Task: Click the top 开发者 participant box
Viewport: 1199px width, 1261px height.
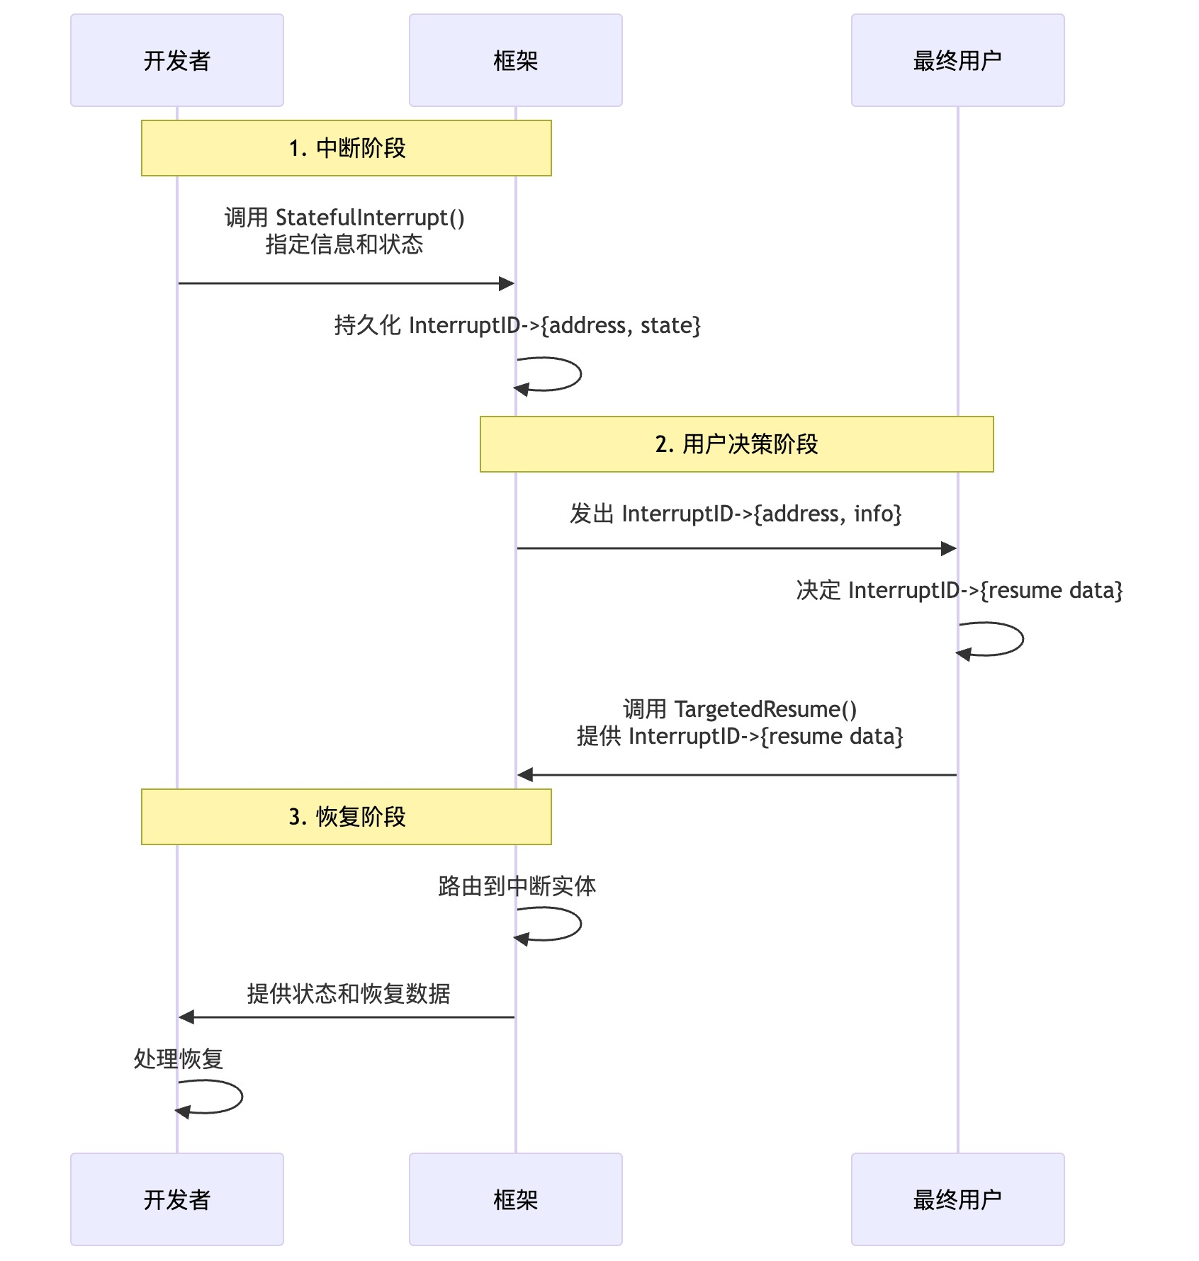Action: [x=177, y=60]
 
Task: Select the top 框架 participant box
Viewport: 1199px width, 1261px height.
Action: [x=515, y=60]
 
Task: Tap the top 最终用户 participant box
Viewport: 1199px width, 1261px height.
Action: [x=957, y=60]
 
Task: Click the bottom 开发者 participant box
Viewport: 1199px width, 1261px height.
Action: [x=177, y=1199]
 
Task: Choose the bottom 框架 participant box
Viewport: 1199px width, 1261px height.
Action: [x=515, y=1199]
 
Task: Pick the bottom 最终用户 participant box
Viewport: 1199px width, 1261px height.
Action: [x=957, y=1199]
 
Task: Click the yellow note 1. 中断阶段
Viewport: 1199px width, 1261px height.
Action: [x=347, y=148]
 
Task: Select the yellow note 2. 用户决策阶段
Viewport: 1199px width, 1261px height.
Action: [x=736, y=444]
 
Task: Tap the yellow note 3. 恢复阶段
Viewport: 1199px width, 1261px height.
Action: [x=347, y=817]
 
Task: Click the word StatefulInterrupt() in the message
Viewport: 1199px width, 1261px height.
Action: [x=370, y=217]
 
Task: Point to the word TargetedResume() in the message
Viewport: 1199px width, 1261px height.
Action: [x=765, y=709]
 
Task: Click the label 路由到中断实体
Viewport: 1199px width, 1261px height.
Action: [x=517, y=886]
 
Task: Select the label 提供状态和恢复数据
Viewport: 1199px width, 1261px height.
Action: [x=348, y=994]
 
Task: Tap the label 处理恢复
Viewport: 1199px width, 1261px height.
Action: [x=179, y=1059]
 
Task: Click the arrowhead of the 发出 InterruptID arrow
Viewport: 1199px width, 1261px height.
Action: [x=949, y=548]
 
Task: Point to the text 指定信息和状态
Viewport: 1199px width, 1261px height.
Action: [x=344, y=244]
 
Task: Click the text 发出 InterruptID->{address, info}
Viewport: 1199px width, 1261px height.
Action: [x=736, y=514]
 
